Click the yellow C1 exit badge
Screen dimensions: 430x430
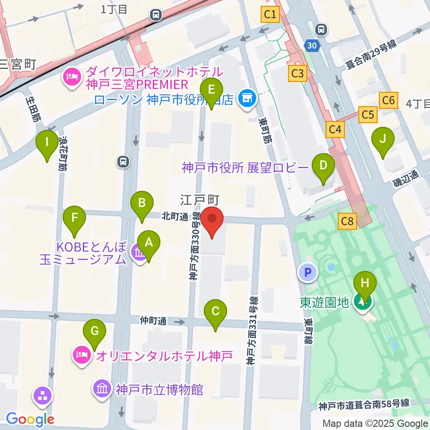(270, 15)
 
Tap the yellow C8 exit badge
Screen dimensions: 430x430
(347, 221)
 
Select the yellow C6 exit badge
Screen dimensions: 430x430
(388, 100)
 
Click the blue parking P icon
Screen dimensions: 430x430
(309, 272)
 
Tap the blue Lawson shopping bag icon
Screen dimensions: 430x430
(246, 98)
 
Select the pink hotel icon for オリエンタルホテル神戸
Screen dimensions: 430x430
(82, 356)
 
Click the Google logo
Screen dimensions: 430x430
(30, 419)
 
